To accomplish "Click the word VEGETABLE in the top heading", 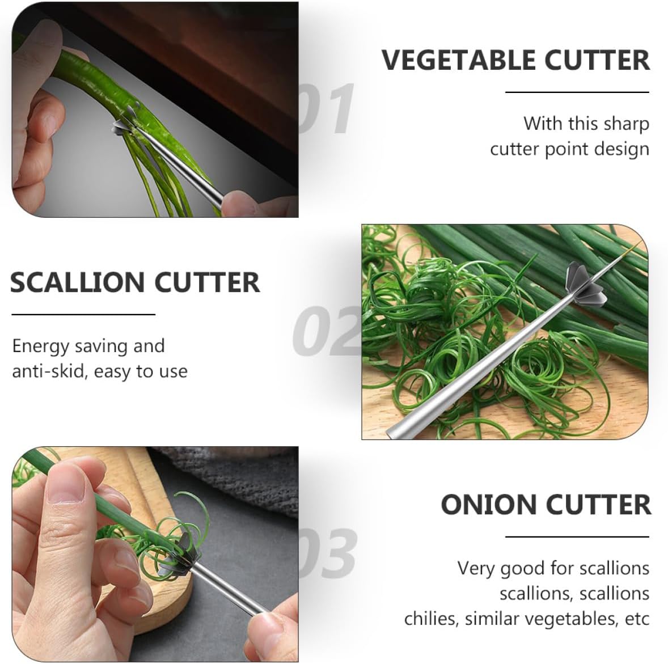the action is [458, 60].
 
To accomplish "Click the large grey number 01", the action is [327, 108].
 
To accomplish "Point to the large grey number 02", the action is [327, 331].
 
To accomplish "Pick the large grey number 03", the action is [328, 553].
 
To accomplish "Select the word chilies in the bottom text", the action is [431, 619].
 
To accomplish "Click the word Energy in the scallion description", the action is [40, 347].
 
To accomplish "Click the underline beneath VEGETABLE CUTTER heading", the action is [577, 92].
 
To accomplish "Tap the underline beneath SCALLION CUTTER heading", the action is [83, 315].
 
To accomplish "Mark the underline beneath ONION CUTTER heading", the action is [577, 537].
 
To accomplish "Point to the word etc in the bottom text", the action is [637, 619].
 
